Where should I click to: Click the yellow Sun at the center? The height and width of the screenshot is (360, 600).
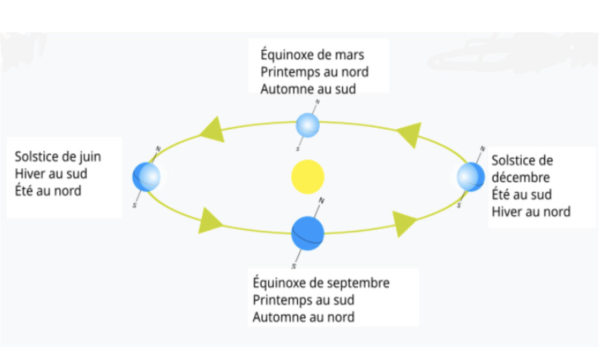tap(308, 177)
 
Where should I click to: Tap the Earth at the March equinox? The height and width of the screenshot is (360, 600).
tap(307, 125)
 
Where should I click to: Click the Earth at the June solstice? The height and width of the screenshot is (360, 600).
tap(146, 175)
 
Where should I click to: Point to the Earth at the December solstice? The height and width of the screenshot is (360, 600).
tap(470, 176)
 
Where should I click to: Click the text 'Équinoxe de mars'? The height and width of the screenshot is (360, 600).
tap(312, 55)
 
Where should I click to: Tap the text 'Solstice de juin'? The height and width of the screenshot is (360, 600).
tap(58, 157)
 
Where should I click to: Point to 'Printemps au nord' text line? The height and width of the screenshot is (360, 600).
tap(314, 72)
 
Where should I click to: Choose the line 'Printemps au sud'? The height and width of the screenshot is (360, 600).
tap(303, 300)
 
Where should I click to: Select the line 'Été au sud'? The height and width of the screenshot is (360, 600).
tap(522, 194)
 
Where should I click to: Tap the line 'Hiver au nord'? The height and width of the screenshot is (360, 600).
tap(531, 211)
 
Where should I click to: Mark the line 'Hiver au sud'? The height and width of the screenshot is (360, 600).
tap(51, 174)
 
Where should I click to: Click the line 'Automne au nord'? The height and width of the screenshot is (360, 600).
tap(304, 317)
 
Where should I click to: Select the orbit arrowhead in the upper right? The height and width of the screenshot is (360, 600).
tap(409, 134)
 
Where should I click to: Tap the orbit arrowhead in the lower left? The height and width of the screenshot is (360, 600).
tap(211, 220)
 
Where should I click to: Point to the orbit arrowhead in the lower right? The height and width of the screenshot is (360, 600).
tap(405, 224)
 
